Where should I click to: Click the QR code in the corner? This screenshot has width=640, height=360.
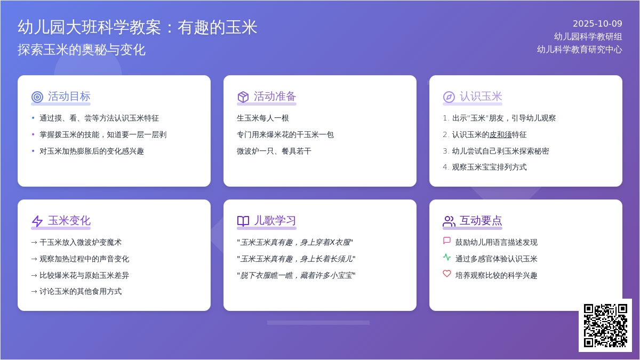pos(605,325)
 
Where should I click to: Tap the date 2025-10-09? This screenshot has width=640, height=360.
pos(597,23)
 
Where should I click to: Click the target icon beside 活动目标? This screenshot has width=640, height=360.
pos(37,97)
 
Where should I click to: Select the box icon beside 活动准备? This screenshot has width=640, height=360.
pos(243,97)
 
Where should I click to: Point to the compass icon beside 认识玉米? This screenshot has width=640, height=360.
pos(449,97)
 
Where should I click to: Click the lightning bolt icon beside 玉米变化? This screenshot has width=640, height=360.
pos(37,221)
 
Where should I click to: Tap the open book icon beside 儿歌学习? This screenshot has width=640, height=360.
pos(243,221)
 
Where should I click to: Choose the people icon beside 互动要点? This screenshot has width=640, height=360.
pos(449,221)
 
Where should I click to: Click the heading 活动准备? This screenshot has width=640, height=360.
pos(275,97)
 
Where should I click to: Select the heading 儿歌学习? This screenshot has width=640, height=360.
pos(275,221)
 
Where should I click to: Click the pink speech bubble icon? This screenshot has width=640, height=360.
pos(447,241)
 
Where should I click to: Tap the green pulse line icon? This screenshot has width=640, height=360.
pos(447,257)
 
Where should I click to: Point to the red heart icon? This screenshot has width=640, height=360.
pos(447,274)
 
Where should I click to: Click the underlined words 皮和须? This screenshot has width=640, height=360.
pos(500,134)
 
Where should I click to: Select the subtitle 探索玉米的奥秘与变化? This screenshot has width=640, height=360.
pos(82,50)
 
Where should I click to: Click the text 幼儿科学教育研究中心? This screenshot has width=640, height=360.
pos(579,50)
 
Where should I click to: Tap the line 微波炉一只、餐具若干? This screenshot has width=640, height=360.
pos(274,151)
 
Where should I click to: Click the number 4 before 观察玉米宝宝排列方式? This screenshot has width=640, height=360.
pos(445,167)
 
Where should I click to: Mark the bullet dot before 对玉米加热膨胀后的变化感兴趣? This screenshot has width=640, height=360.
pos(33,151)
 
